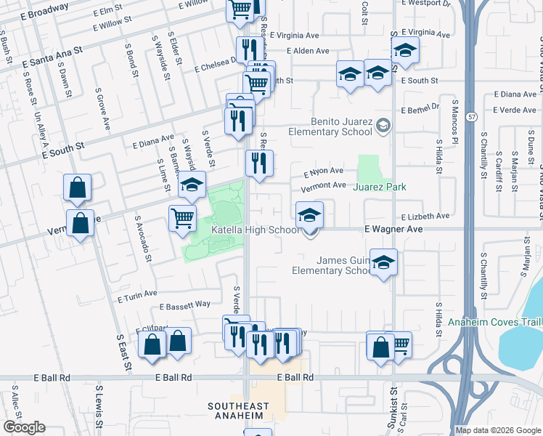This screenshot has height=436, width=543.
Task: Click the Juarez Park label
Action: tap(378, 187)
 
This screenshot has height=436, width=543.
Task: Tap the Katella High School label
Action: tap(254, 230)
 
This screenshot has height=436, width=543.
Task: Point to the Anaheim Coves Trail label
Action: tap(494, 323)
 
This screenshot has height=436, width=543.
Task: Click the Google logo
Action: tap(23, 427)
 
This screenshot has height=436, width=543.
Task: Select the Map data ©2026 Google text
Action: tap(498, 430)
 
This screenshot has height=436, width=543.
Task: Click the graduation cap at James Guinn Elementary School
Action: tap(383, 262)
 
